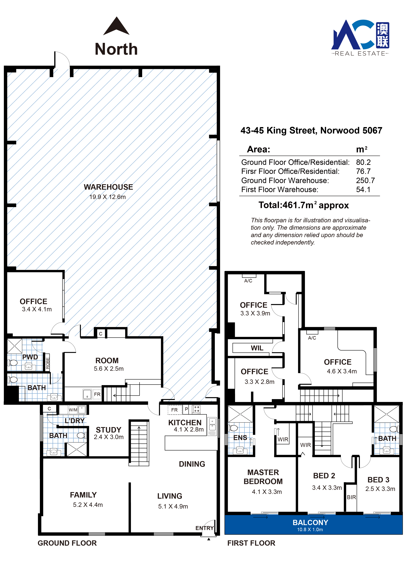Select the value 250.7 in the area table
pos(365,180)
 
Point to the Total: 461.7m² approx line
pos(303,205)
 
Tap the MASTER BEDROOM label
pos(263,477)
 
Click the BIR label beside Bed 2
pos(351,497)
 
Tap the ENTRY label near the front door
pos(204,528)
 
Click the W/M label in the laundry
pos(73,410)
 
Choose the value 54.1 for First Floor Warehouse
pos(363,189)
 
